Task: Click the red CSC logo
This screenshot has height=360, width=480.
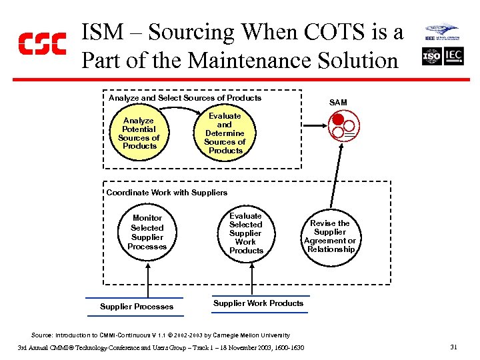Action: point(41,43)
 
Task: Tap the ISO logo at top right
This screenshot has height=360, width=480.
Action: point(432,57)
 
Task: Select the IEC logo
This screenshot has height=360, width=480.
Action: point(453,57)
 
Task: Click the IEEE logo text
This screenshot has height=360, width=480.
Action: point(431,39)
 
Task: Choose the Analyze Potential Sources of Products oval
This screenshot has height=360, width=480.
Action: point(139,133)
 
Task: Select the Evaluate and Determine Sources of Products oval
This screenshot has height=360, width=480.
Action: point(225,133)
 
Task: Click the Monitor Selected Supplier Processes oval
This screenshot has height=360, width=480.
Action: point(147,232)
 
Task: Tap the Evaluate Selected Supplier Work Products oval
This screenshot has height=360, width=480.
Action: point(246,233)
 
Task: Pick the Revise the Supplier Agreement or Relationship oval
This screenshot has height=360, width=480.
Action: point(330,236)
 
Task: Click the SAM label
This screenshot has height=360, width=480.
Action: point(338,103)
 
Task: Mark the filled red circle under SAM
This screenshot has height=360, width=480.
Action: point(338,120)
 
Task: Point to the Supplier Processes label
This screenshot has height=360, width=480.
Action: point(137,307)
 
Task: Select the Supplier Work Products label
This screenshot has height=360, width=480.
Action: point(258,303)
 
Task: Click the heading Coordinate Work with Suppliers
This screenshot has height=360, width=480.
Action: point(167,193)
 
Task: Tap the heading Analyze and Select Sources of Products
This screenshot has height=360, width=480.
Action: point(185,98)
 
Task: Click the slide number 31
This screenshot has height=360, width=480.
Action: point(453,347)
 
